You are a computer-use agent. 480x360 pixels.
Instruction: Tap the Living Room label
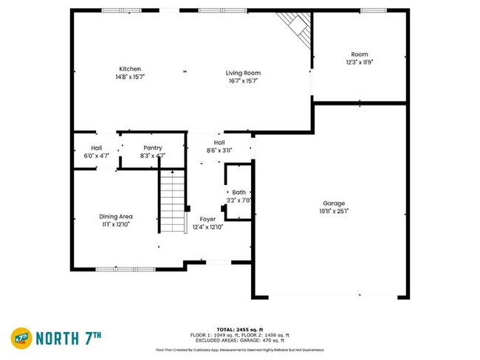[243, 73]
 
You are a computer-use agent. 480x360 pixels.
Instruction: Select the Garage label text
[334, 203]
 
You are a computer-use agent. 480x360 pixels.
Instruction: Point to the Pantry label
[153, 148]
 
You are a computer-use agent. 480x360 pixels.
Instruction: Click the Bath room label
[239, 192]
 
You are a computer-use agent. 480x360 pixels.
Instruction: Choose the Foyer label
[208, 219]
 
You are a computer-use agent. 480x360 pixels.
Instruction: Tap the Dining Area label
[116, 216]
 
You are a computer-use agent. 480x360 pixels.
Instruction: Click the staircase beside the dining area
[172, 201]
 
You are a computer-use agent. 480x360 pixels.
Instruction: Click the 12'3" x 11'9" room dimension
[360, 62]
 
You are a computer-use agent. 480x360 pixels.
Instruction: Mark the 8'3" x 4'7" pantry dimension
[153, 156]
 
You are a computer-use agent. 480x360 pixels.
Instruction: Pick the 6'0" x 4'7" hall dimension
[96, 156]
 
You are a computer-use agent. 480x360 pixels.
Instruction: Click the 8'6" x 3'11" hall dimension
[219, 150]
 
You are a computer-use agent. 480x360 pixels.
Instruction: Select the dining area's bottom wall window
[126, 269]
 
